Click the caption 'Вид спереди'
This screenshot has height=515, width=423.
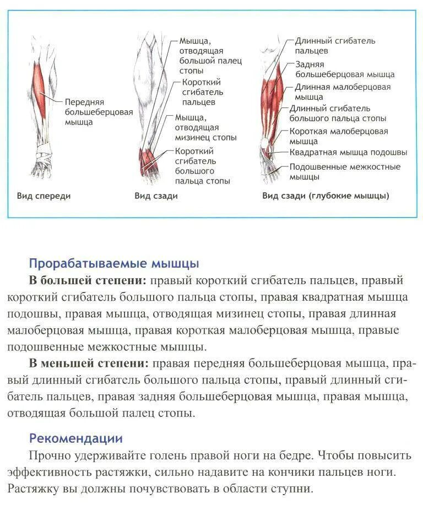44,196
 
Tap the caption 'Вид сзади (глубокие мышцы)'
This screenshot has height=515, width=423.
325,196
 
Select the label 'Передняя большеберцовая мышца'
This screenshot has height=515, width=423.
99,112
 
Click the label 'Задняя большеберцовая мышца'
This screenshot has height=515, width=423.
344,69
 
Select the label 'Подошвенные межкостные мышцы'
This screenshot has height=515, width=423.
344,171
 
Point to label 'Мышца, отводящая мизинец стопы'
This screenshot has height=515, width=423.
205,127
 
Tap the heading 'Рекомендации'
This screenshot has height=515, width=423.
75,438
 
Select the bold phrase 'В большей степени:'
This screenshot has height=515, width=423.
88,280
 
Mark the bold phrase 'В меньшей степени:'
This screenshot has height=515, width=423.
89,364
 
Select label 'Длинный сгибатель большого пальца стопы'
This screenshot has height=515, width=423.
337,113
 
